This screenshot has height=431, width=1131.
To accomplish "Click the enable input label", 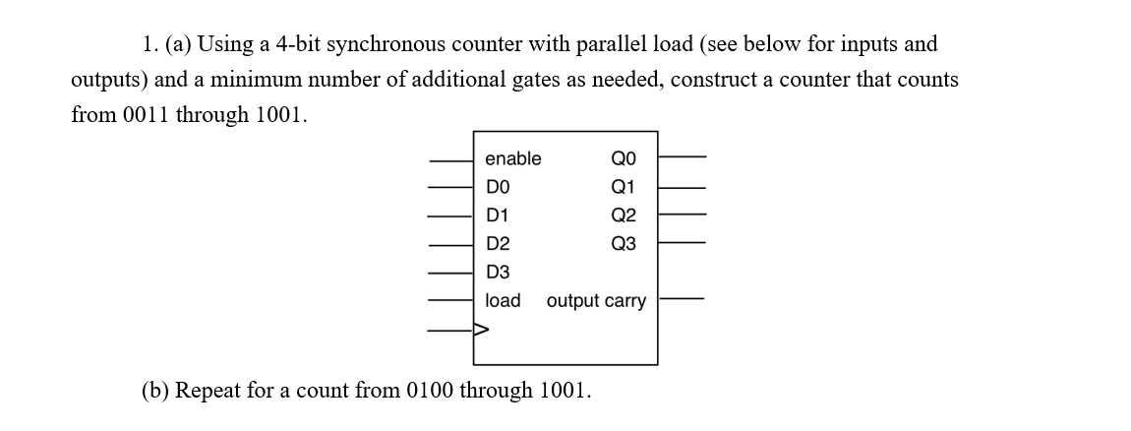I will point(512,159).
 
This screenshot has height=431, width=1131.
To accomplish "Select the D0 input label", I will point(498,187).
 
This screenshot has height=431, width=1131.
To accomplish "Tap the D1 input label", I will point(498,215).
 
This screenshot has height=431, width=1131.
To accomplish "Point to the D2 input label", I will point(498,243).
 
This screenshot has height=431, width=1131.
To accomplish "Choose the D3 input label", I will point(498,272).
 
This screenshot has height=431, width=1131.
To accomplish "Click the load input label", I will point(503,300).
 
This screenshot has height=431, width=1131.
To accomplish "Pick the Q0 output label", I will point(624,159).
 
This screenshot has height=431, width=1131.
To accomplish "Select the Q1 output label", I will point(624,187).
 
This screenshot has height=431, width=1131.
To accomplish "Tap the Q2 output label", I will point(624,215).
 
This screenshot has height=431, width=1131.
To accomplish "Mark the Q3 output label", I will point(624,243).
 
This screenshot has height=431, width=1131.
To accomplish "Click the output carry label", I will point(596,300).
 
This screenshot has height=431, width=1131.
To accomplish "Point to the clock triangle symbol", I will point(480,330).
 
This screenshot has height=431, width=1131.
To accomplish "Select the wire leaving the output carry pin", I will point(682,297).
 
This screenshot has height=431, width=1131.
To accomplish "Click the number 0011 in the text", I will point(148,115).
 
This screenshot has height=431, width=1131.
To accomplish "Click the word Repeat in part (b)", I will point(206,391).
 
